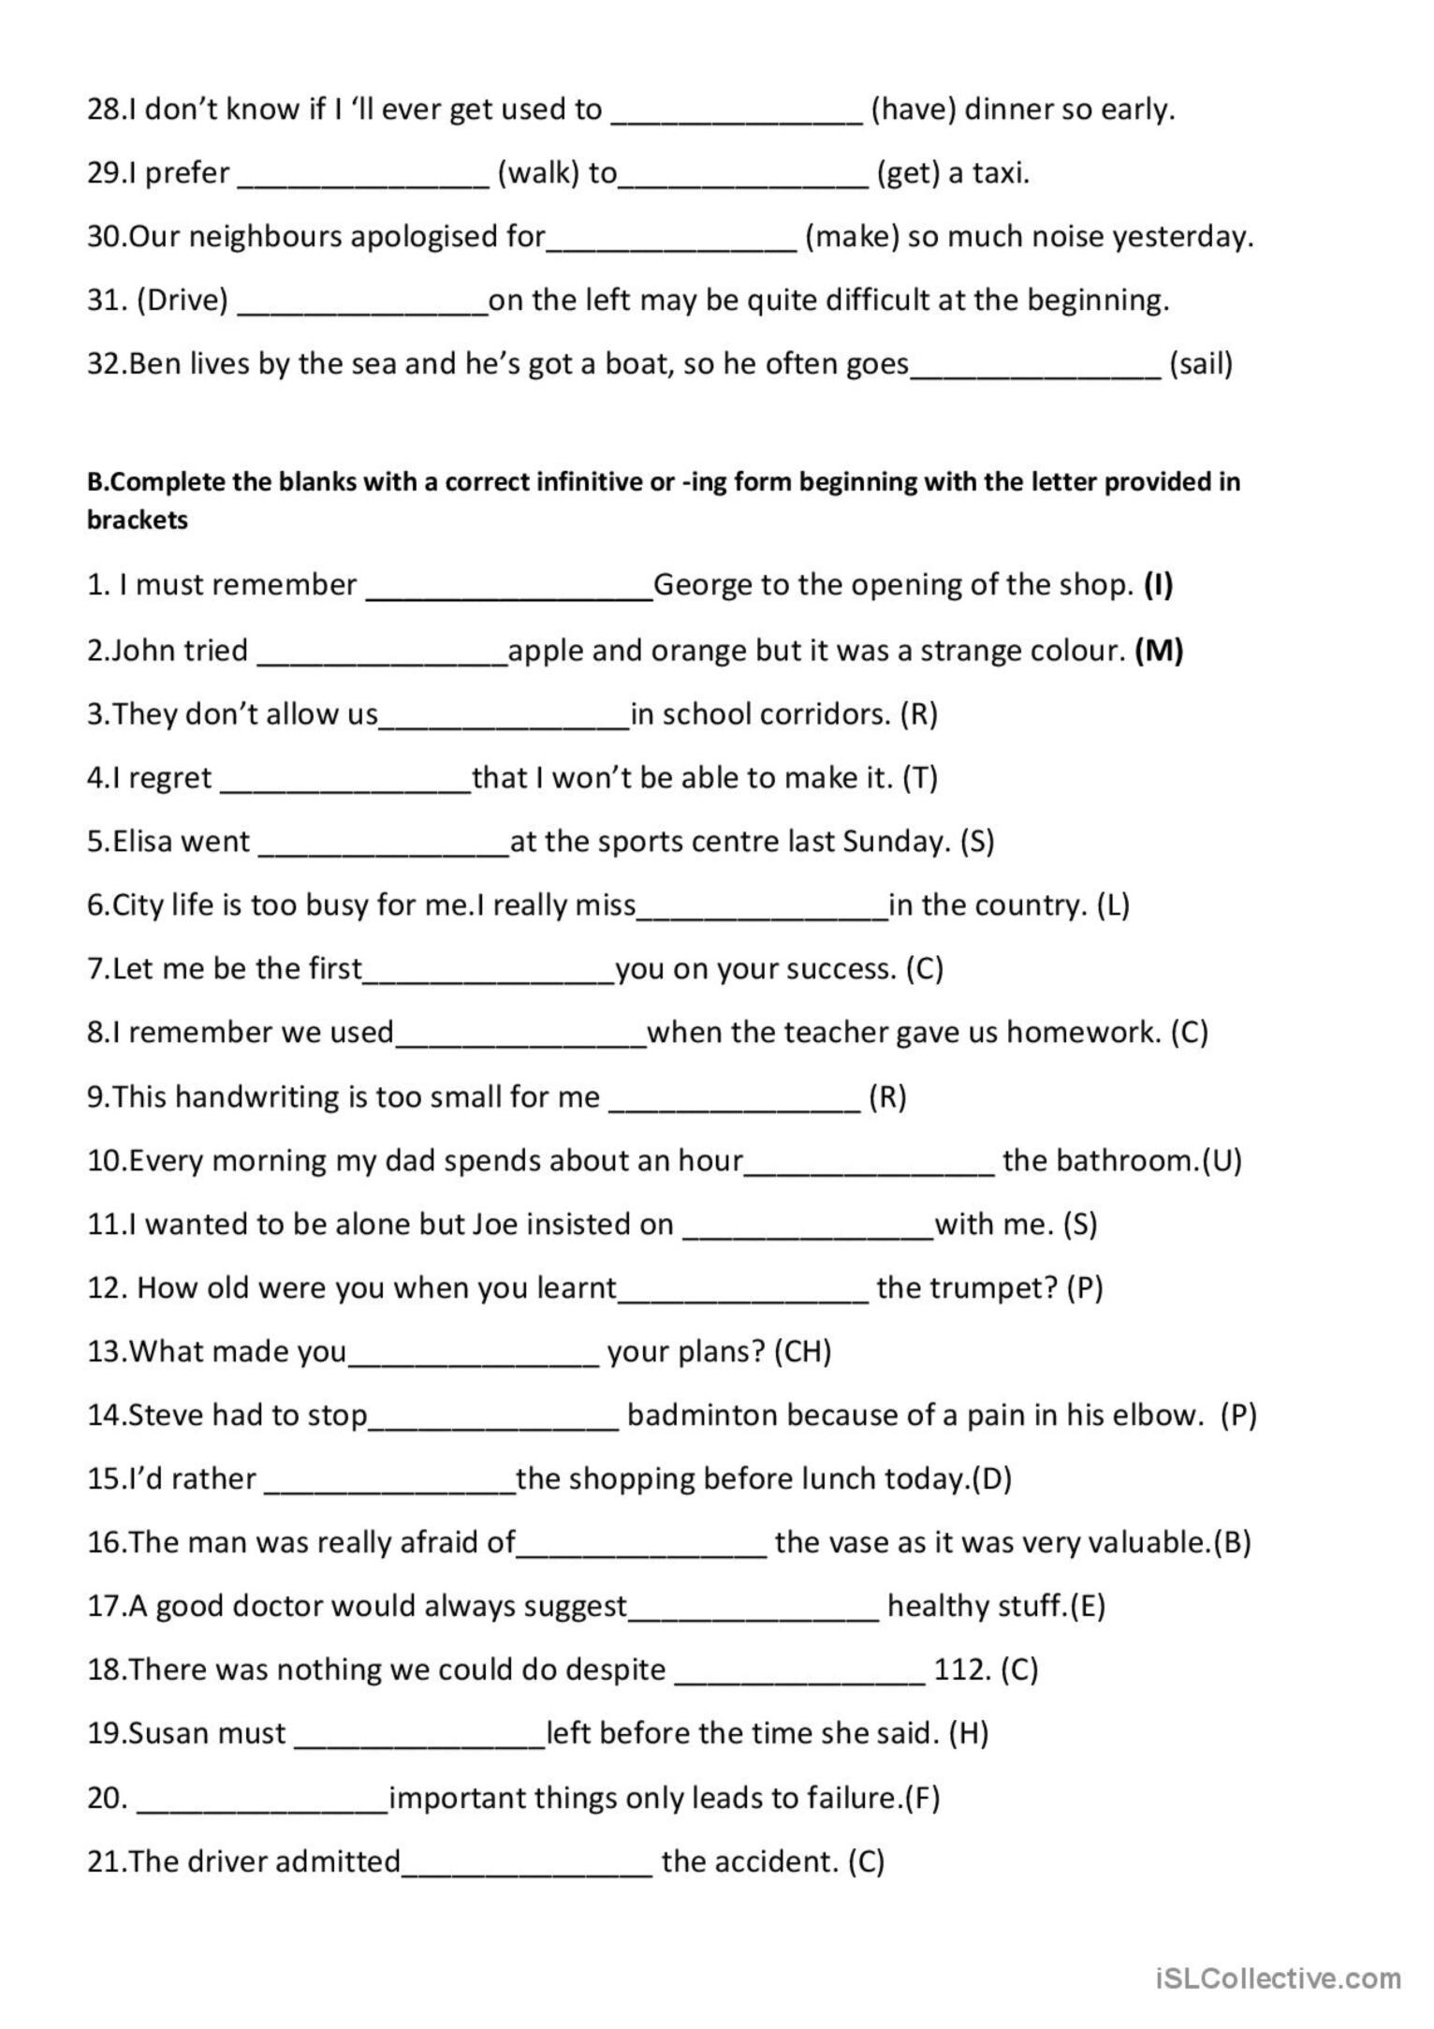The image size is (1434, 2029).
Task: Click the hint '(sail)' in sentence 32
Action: click(1201, 363)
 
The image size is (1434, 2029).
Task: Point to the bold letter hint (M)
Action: click(1158, 650)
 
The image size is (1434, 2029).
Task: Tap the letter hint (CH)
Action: click(803, 1351)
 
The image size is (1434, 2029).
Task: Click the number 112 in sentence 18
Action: click(961, 1669)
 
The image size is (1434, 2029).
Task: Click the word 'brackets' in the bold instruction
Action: click(138, 520)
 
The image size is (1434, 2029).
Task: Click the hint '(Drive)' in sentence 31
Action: click(183, 300)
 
